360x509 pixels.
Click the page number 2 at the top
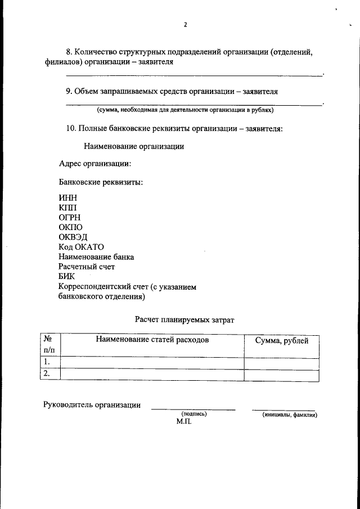click(x=184, y=25)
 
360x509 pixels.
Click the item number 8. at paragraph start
click(x=70, y=52)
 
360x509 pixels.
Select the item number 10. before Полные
click(x=71, y=128)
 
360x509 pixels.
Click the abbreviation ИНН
click(x=68, y=199)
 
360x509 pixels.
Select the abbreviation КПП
click(x=68, y=208)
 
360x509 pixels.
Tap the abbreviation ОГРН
click(x=70, y=218)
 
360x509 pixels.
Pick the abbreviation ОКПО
click(x=71, y=227)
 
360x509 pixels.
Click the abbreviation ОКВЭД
click(x=73, y=237)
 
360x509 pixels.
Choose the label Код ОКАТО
click(x=81, y=247)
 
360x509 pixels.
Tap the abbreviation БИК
click(x=66, y=276)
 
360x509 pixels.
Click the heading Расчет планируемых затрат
click(x=184, y=319)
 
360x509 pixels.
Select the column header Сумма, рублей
click(x=281, y=340)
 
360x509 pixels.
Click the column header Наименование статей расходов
click(x=152, y=340)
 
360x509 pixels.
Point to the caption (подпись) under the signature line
click(x=194, y=414)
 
